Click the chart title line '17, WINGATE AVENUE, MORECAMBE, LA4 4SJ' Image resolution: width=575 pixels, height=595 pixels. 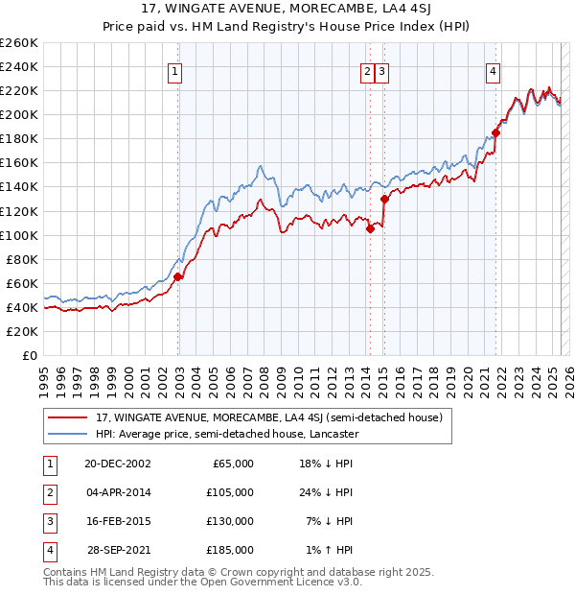pyautogui.click(x=287, y=12)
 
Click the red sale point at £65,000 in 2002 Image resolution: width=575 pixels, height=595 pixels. pyautogui.click(x=178, y=276)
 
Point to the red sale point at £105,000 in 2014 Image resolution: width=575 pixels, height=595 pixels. pyautogui.click(x=370, y=228)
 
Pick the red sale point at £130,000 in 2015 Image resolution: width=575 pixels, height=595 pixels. pyautogui.click(x=384, y=199)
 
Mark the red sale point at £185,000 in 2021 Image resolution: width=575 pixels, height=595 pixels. pyautogui.click(x=496, y=132)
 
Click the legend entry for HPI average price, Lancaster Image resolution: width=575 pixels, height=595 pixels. pyautogui.click(x=226, y=434)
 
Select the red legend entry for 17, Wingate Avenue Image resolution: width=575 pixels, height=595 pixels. pyautogui.click(x=268, y=417)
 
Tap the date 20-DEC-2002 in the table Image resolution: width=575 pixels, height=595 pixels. pyautogui.click(x=118, y=464)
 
